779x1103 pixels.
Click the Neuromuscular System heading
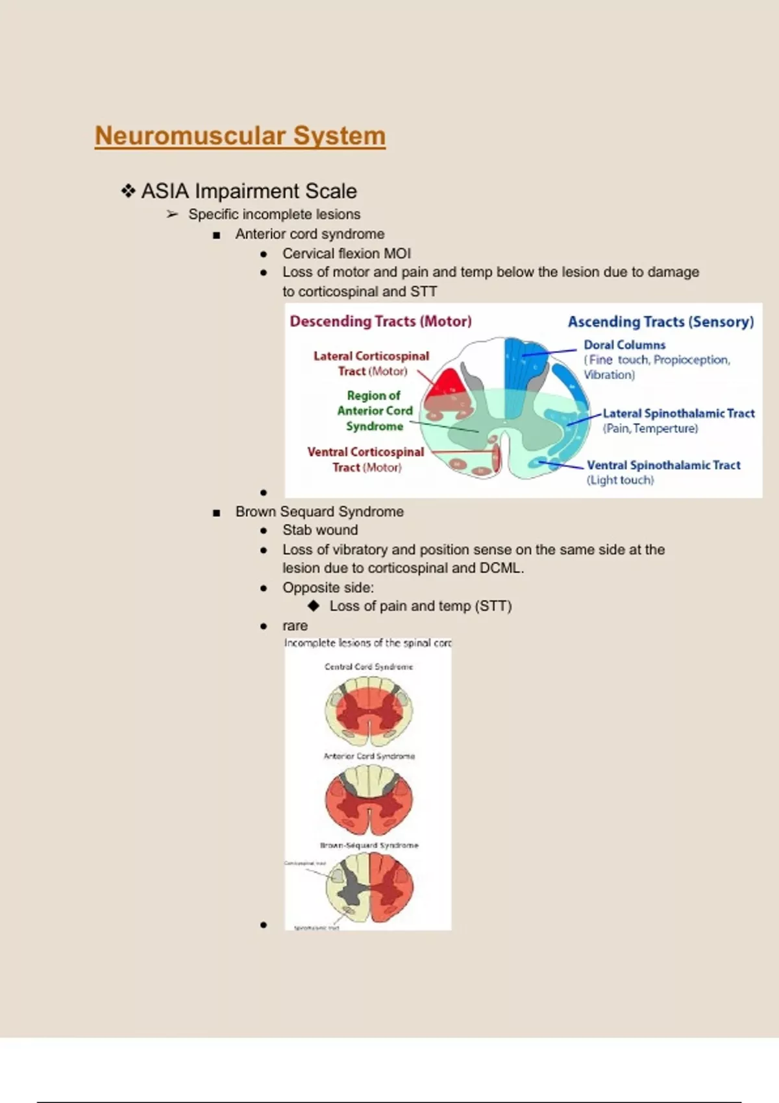(x=240, y=136)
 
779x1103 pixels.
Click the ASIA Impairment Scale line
(x=249, y=191)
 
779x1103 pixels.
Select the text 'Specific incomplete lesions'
(x=274, y=214)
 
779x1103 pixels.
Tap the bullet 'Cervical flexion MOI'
(x=346, y=254)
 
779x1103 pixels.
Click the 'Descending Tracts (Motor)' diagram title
(x=380, y=321)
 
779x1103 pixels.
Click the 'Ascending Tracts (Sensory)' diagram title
(x=660, y=322)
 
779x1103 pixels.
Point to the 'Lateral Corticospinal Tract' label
(x=371, y=363)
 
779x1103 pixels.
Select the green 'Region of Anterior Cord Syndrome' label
(x=375, y=411)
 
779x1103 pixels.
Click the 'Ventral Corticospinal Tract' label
(x=365, y=459)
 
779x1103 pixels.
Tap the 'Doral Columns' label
(x=624, y=345)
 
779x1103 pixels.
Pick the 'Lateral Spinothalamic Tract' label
(x=678, y=413)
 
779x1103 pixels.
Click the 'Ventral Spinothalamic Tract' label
(x=663, y=465)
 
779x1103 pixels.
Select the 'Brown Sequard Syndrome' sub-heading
(x=319, y=512)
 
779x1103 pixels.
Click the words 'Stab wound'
(x=320, y=530)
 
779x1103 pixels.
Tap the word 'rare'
(x=295, y=626)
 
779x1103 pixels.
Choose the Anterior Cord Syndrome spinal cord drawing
(x=369, y=799)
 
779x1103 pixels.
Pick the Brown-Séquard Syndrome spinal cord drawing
(x=369, y=888)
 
